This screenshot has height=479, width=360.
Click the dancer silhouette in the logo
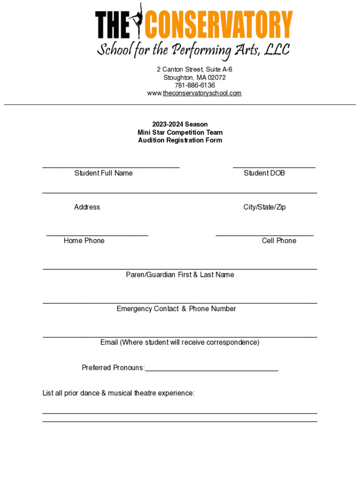point(138,21)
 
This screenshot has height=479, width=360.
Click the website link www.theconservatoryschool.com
point(194,93)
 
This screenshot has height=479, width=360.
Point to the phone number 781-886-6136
point(194,85)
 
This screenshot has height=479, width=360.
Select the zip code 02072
point(216,77)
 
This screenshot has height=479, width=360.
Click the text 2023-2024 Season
point(180,124)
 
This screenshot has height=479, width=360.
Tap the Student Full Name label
point(103,173)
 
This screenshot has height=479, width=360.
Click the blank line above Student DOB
point(274,167)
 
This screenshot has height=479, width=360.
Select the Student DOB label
point(264,173)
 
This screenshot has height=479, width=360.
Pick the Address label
point(87,207)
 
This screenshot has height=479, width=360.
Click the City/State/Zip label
point(264,207)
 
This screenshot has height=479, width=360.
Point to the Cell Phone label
point(279,241)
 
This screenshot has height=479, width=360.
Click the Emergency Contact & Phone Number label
point(176,309)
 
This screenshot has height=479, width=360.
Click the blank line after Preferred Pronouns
point(211,370)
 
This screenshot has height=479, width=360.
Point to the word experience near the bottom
point(177,393)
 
